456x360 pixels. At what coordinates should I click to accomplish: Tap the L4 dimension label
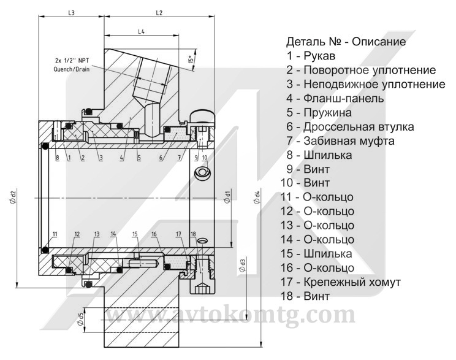click(141, 31)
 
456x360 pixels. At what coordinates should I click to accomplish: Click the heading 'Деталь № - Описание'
click(346, 43)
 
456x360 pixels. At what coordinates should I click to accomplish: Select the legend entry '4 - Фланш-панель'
click(335, 98)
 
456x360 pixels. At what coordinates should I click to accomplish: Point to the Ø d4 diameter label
click(257, 199)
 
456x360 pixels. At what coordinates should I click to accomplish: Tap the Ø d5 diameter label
click(82, 319)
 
